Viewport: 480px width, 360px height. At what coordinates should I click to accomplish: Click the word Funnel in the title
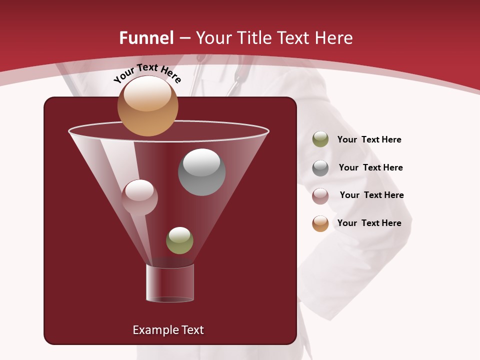146,38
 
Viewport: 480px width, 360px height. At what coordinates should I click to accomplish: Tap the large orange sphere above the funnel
147,105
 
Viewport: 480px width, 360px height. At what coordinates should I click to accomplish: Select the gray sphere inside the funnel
201,172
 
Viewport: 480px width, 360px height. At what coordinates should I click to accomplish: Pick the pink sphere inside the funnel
139,197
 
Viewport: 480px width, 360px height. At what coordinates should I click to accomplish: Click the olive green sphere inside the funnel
179,240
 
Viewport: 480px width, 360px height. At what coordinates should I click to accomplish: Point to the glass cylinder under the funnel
169,283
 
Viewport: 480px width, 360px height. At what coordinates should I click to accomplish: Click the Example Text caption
168,330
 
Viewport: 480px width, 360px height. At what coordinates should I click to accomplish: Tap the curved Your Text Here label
147,73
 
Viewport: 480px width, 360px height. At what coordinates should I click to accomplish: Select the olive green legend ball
320,139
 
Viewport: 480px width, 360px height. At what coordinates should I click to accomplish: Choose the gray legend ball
320,167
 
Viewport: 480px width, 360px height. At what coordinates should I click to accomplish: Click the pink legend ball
320,195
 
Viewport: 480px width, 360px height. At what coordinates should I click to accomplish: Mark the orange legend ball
320,223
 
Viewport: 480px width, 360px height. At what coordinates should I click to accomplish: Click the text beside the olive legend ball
369,140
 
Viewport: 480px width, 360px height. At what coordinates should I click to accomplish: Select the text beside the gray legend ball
370,167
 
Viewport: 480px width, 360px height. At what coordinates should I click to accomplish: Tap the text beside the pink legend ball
371,195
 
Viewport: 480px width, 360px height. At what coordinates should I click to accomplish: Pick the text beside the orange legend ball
369,223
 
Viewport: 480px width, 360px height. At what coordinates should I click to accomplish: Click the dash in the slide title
184,38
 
